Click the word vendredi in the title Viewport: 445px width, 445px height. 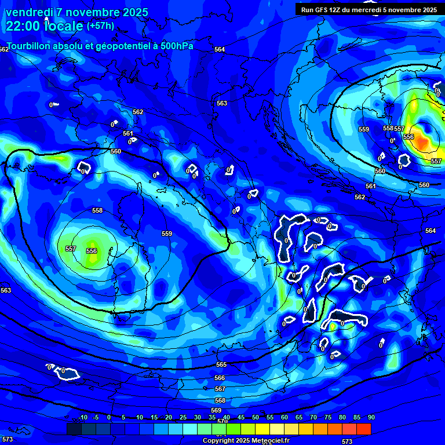32,12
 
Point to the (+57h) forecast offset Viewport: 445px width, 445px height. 100,26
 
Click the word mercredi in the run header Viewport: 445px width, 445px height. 379,10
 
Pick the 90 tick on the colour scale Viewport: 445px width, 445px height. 371,417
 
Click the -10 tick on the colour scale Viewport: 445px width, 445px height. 82,417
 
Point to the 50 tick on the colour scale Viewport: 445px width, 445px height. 255,417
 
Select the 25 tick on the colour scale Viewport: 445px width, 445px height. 183,417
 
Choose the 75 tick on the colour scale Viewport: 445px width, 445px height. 327,417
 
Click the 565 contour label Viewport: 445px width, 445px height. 221,364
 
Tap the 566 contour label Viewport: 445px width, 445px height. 220,378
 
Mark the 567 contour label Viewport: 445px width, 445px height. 220,389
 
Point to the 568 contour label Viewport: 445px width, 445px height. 220,400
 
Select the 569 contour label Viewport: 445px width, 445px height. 216,410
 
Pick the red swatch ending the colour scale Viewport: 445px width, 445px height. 364,429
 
